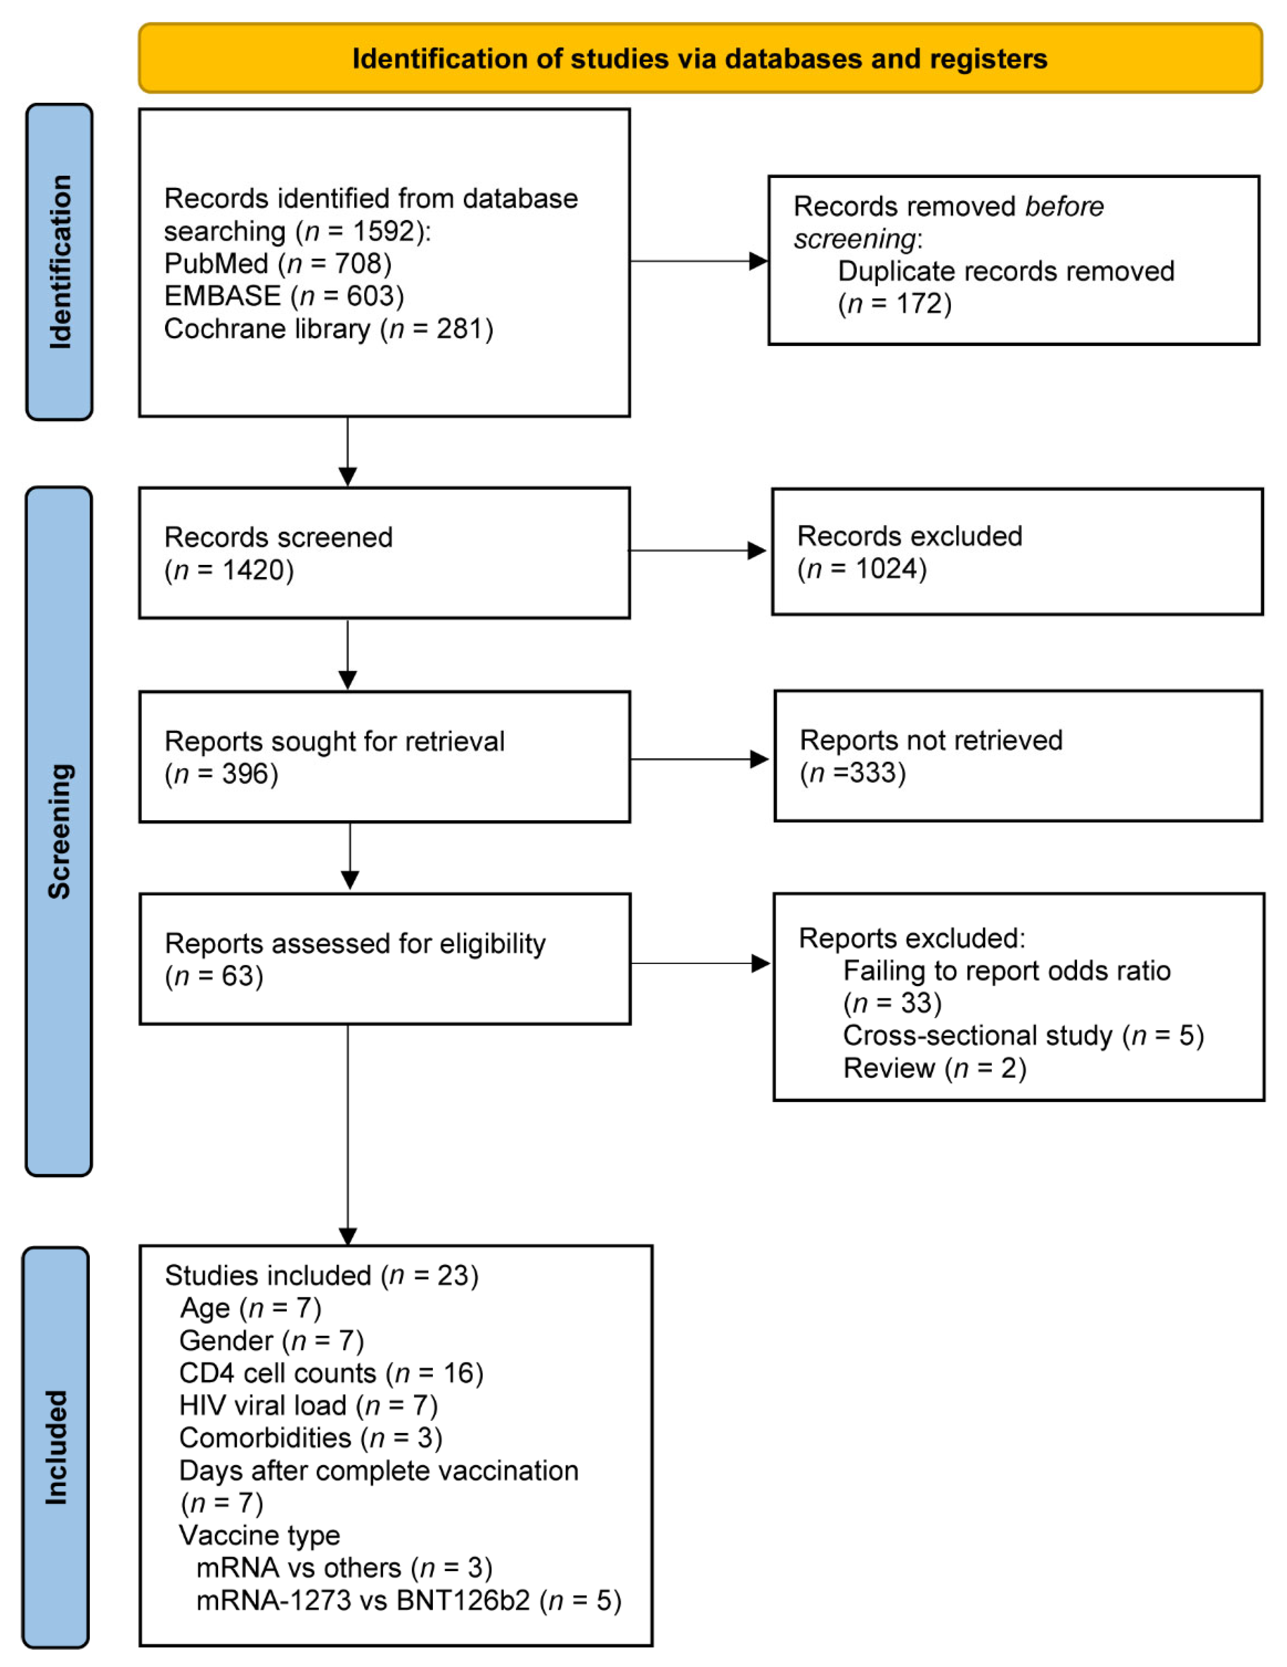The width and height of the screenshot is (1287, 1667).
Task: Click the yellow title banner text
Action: pyautogui.click(x=699, y=59)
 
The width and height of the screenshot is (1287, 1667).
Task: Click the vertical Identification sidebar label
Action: pyautogui.click(x=60, y=262)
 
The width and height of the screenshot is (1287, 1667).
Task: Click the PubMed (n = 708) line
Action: pyautogui.click(x=278, y=263)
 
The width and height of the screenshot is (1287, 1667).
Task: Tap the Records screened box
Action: pyautogui.click(x=384, y=553)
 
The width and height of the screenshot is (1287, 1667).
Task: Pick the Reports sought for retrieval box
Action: pyautogui.click(x=384, y=756)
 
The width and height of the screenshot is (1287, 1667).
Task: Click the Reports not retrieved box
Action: pyautogui.click(x=1017, y=756)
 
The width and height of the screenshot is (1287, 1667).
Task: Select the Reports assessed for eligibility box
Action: pyautogui.click(x=384, y=959)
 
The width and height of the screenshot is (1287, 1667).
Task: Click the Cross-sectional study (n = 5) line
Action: pyautogui.click(x=1023, y=1035)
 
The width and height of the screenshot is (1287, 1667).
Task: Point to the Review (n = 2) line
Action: pyautogui.click(x=934, y=1068)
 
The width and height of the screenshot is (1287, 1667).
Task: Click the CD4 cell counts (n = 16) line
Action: pyautogui.click(x=330, y=1373)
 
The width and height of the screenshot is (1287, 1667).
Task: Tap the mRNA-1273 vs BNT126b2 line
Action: pyautogui.click(x=408, y=1600)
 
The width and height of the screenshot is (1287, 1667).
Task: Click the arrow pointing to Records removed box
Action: pyautogui.click(x=699, y=261)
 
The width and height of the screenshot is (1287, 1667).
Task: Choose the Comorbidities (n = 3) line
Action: pyautogui.click(x=310, y=1438)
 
